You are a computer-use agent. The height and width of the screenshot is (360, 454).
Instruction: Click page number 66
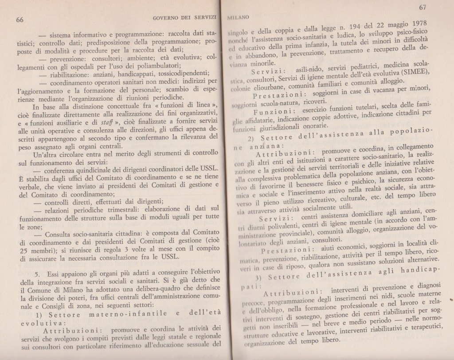click(x=20, y=19)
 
